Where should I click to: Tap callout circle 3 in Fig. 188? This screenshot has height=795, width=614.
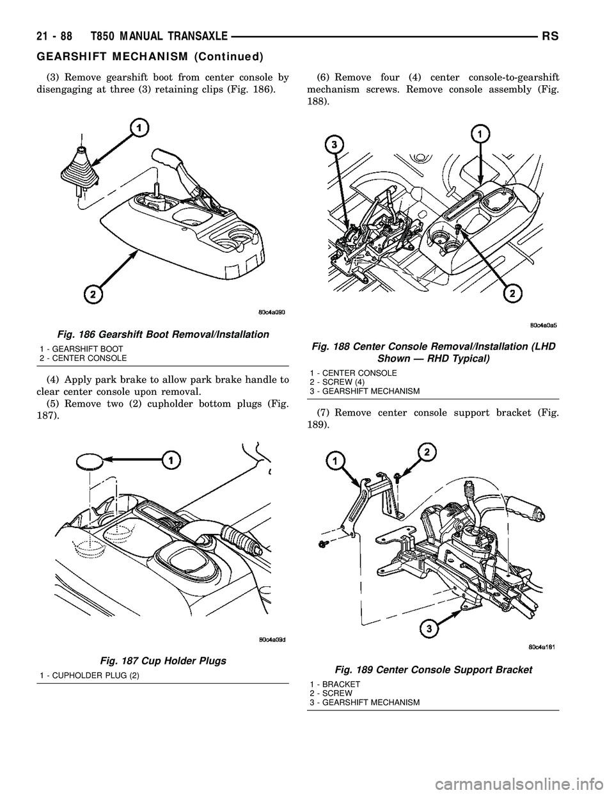click(x=331, y=145)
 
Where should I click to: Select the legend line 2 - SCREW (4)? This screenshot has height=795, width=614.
click(x=337, y=382)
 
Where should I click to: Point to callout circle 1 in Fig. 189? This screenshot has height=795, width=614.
click(x=335, y=460)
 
